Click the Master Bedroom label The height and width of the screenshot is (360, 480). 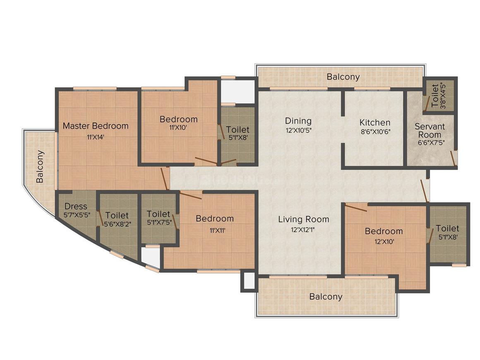tap(96, 126)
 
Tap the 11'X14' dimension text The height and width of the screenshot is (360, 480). tap(96, 137)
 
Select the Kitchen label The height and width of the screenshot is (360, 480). tap(374, 122)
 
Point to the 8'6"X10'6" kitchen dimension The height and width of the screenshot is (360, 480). tap(374, 133)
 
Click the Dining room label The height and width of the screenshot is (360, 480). tap(298, 121)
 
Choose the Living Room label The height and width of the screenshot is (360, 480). tap(303, 219)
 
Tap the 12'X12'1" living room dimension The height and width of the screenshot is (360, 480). tap(303, 230)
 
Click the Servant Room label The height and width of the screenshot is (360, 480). tap(430, 131)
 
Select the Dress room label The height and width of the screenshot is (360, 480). tap(76, 206)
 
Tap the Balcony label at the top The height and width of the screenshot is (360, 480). tap(343, 77)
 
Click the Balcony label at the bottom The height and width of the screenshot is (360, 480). tap(326, 297)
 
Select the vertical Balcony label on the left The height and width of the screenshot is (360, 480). tap(40, 166)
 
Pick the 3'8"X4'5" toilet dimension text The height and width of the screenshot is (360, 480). tap(443, 96)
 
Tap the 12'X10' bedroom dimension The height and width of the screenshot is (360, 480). tap(384, 242)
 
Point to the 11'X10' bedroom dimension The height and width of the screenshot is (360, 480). tap(178, 128)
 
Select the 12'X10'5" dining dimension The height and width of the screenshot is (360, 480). tap(298, 131)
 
